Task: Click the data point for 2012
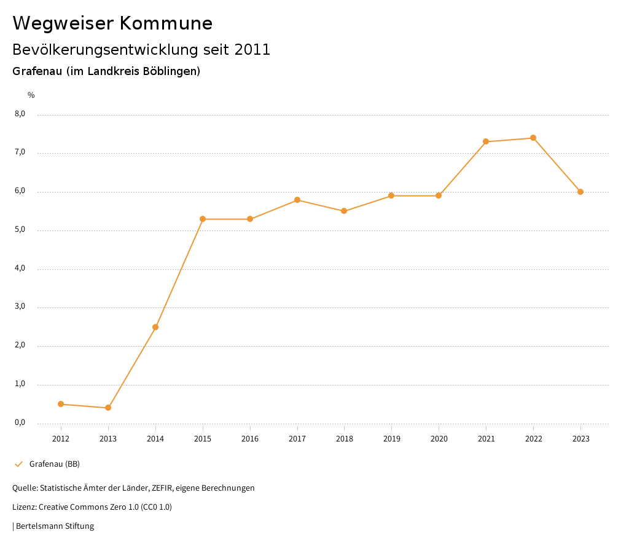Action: [x=61, y=404]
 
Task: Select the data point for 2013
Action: [x=108, y=408]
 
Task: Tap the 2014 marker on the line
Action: [x=155, y=327]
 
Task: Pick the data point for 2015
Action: [x=203, y=219]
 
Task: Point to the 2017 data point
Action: [x=297, y=200]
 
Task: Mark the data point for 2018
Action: [x=344, y=211]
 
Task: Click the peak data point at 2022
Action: [x=533, y=138]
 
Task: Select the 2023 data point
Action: [x=580, y=192]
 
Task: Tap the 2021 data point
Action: [x=486, y=141]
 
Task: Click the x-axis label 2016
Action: [x=250, y=439]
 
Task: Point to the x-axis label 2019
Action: [x=391, y=439]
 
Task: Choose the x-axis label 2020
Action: [x=439, y=439]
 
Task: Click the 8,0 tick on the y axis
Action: [x=20, y=114]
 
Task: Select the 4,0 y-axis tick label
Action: [x=20, y=268]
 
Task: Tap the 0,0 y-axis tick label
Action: [x=20, y=422]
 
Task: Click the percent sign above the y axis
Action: [x=31, y=95]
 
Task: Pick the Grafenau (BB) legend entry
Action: [x=54, y=464]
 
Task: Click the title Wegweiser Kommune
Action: [x=112, y=23]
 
